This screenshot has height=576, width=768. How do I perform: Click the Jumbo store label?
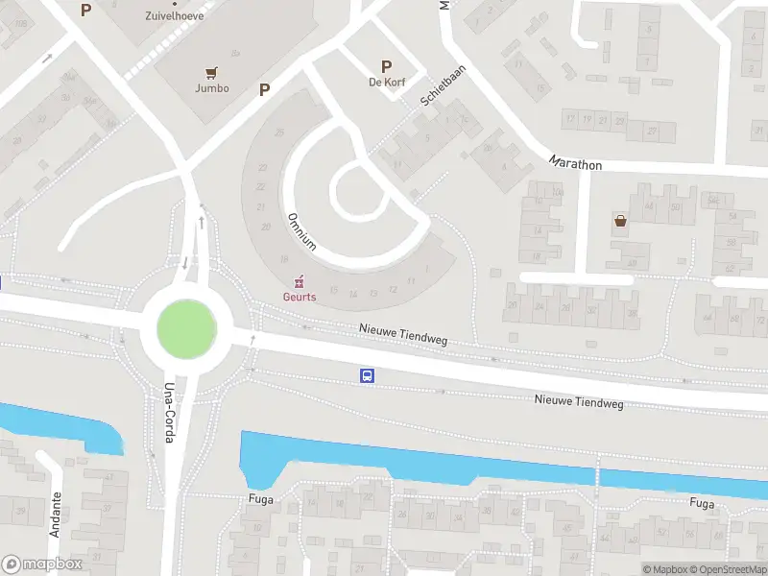211,88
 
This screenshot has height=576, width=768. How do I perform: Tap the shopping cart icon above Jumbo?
211,71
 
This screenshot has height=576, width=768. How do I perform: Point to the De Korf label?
386,83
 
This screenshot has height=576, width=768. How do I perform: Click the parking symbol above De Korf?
386,66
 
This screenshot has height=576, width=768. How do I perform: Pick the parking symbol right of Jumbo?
264,89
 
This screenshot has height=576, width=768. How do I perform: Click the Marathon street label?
576,164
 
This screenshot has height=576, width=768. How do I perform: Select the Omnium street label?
301,231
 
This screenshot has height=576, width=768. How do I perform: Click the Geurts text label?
299,297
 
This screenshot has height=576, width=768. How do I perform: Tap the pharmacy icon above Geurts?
299,281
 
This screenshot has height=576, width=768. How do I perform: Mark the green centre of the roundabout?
186,328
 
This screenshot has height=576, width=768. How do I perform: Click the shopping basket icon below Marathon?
620,222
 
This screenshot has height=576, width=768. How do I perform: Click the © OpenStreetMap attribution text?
730,569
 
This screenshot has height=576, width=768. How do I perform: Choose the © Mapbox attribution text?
665,569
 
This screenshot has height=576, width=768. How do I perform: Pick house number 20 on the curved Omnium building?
266,227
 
